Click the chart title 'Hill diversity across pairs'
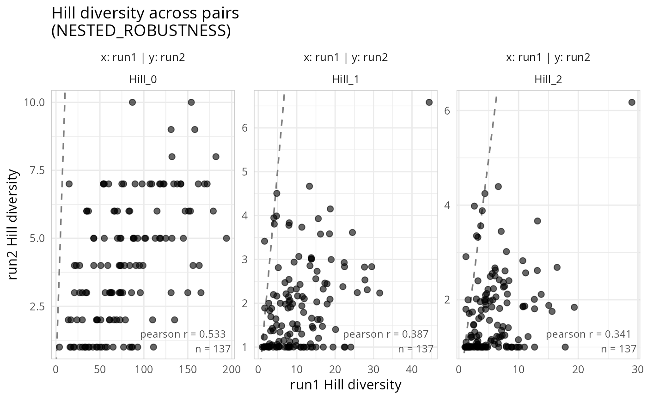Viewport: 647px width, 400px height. click(x=145, y=13)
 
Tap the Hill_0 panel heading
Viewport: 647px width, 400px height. click(x=143, y=79)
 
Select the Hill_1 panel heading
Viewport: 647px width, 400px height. click(x=346, y=79)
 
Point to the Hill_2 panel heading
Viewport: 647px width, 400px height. click(x=548, y=79)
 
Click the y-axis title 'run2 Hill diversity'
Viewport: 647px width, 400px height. click(x=14, y=224)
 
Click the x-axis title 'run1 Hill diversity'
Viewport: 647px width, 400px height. click(x=346, y=385)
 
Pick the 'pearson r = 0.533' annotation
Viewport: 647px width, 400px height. click(x=183, y=334)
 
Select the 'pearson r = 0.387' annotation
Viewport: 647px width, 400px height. click(x=386, y=334)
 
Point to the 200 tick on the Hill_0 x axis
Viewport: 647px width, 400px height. click(x=232, y=369)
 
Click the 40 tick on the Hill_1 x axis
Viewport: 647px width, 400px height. click(x=412, y=369)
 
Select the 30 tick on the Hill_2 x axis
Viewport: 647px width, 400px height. click(x=637, y=369)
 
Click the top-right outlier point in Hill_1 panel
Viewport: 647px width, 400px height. click(x=429, y=102)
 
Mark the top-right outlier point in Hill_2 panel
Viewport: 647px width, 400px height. click(x=632, y=102)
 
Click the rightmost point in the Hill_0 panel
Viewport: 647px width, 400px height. click(x=226, y=238)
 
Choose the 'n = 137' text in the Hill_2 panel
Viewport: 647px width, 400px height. click(x=618, y=349)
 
